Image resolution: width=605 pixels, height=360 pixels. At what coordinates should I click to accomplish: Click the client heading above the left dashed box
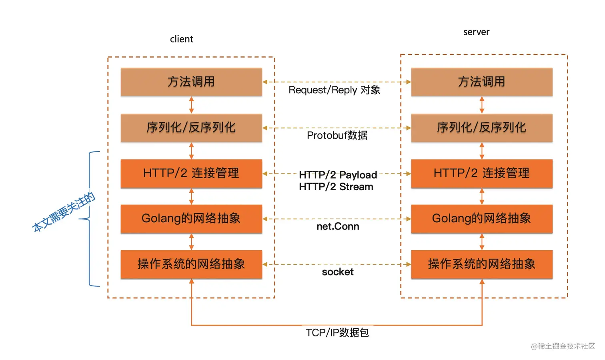click(x=181, y=39)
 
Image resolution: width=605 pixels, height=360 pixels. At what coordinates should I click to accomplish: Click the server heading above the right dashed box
click(x=476, y=32)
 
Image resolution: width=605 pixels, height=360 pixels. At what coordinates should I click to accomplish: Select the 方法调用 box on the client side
click(x=191, y=82)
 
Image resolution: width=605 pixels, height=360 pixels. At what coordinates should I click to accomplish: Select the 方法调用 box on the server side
click(x=482, y=82)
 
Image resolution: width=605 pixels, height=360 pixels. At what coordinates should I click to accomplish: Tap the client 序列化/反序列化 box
click(x=191, y=128)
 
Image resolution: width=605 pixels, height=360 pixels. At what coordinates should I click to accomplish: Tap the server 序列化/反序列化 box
click(x=482, y=128)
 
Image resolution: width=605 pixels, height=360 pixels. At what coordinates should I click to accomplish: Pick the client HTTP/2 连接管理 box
click(x=191, y=173)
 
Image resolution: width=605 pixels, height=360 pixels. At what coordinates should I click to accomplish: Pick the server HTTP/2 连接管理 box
click(x=482, y=173)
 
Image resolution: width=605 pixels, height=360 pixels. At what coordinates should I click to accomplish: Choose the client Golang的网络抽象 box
click(x=191, y=219)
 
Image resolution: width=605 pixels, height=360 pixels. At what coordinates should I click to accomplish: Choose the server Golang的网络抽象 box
click(x=482, y=219)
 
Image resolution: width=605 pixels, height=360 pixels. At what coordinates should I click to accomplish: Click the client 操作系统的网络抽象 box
click(x=191, y=264)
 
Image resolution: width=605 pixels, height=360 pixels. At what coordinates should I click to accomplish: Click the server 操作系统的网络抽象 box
click(x=482, y=264)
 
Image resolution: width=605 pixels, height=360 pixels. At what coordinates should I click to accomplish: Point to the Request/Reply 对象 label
click(x=334, y=90)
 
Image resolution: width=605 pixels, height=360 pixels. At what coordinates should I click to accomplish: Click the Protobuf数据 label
click(x=337, y=135)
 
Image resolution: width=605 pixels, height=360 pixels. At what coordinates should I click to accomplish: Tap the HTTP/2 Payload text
click(x=338, y=175)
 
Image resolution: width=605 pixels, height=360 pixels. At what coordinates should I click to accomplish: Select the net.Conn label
click(x=338, y=227)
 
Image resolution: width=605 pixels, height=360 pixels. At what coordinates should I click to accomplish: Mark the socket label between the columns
click(x=338, y=272)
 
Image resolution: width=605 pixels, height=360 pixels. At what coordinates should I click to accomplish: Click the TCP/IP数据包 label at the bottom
click(x=337, y=333)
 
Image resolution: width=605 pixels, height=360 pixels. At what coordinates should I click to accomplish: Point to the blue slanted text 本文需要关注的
click(x=64, y=212)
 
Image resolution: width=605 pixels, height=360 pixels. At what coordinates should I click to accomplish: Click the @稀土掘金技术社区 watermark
click(x=563, y=346)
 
